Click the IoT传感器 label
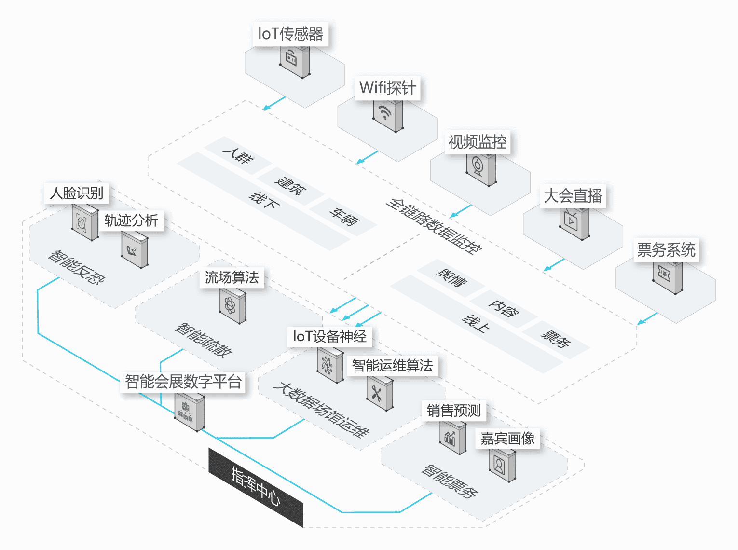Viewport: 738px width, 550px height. [x=290, y=34]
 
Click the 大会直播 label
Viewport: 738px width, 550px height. [x=573, y=196]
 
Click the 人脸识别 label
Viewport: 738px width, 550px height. [x=77, y=193]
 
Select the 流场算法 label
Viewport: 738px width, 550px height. [x=232, y=277]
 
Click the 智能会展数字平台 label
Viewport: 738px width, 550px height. [x=183, y=382]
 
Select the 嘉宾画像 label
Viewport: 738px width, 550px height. [x=507, y=439]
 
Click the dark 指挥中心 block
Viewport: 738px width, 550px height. [x=256, y=487]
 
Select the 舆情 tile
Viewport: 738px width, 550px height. [x=451, y=278]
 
